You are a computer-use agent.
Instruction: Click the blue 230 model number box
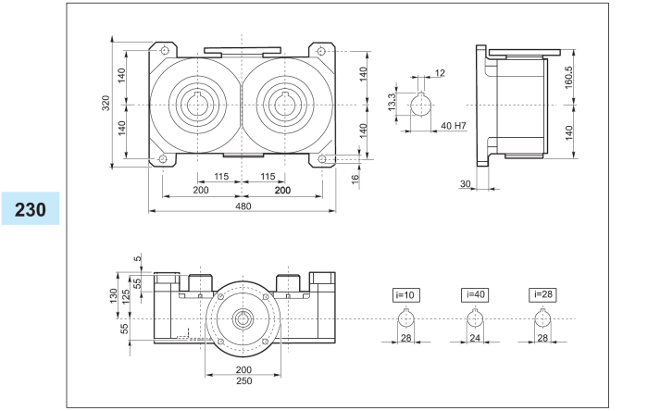click(x=31, y=208)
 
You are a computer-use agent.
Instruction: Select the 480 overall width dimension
click(x=243, y=205)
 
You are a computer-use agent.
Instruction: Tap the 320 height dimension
click(x=106, y=104)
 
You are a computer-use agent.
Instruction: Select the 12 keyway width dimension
click(x=440, y=72)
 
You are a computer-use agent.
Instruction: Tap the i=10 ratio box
click(x=406, y=294)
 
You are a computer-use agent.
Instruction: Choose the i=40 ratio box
click(x=474, y=294)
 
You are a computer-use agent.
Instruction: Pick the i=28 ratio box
click(x=544, y=294)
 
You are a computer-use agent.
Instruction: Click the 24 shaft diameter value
click(x=474, y=339)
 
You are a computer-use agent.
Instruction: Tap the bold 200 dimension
click(x=283, y=189)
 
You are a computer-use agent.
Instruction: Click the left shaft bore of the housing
click(x=199, y=105)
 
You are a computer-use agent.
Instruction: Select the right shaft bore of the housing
click(x=284, y=105)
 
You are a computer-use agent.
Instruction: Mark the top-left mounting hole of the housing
click(x=164, y=50)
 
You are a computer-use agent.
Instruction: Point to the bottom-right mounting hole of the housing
click(x=321, y=159)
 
